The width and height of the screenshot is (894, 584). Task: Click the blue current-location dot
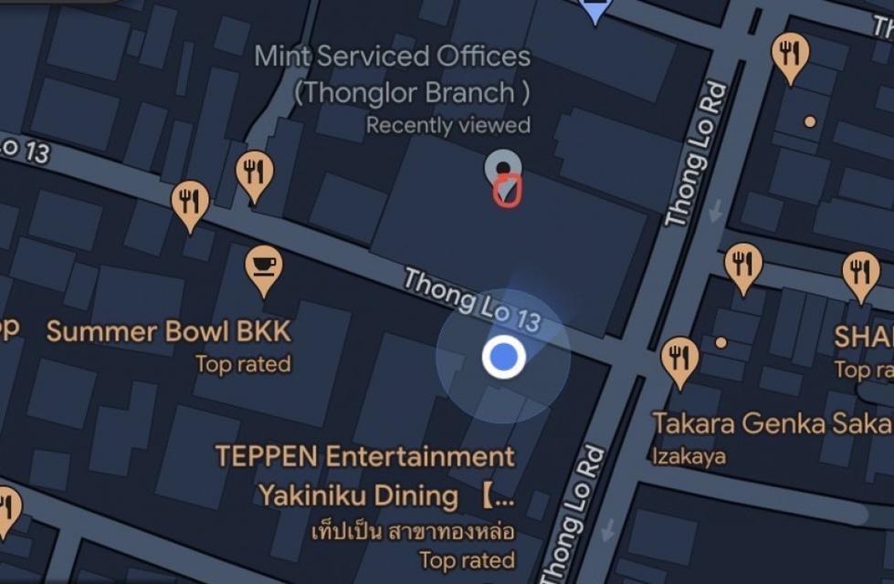tap(503, 357)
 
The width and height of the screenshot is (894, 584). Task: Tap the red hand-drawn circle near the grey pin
tap(507, 190)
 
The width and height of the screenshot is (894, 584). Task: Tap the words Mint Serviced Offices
tap(392, 57)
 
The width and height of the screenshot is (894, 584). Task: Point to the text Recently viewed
tap(447, 125)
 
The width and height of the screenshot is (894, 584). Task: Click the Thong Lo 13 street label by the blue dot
tap(472, 299)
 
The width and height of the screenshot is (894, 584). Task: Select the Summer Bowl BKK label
tap(169, 331)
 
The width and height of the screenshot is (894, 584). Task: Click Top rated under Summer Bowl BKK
tap(243, 365)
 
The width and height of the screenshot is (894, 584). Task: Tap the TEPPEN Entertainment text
tap(364, 455)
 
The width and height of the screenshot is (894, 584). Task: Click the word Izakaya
tap(689, 456)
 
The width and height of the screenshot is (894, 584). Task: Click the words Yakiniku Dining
tap(358, 496)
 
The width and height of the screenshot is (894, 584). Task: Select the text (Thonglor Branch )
tap(411, 92)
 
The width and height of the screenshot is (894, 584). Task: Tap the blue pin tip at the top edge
tap(595, 11)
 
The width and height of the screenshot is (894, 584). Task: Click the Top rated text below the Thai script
tap(467, 559)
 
